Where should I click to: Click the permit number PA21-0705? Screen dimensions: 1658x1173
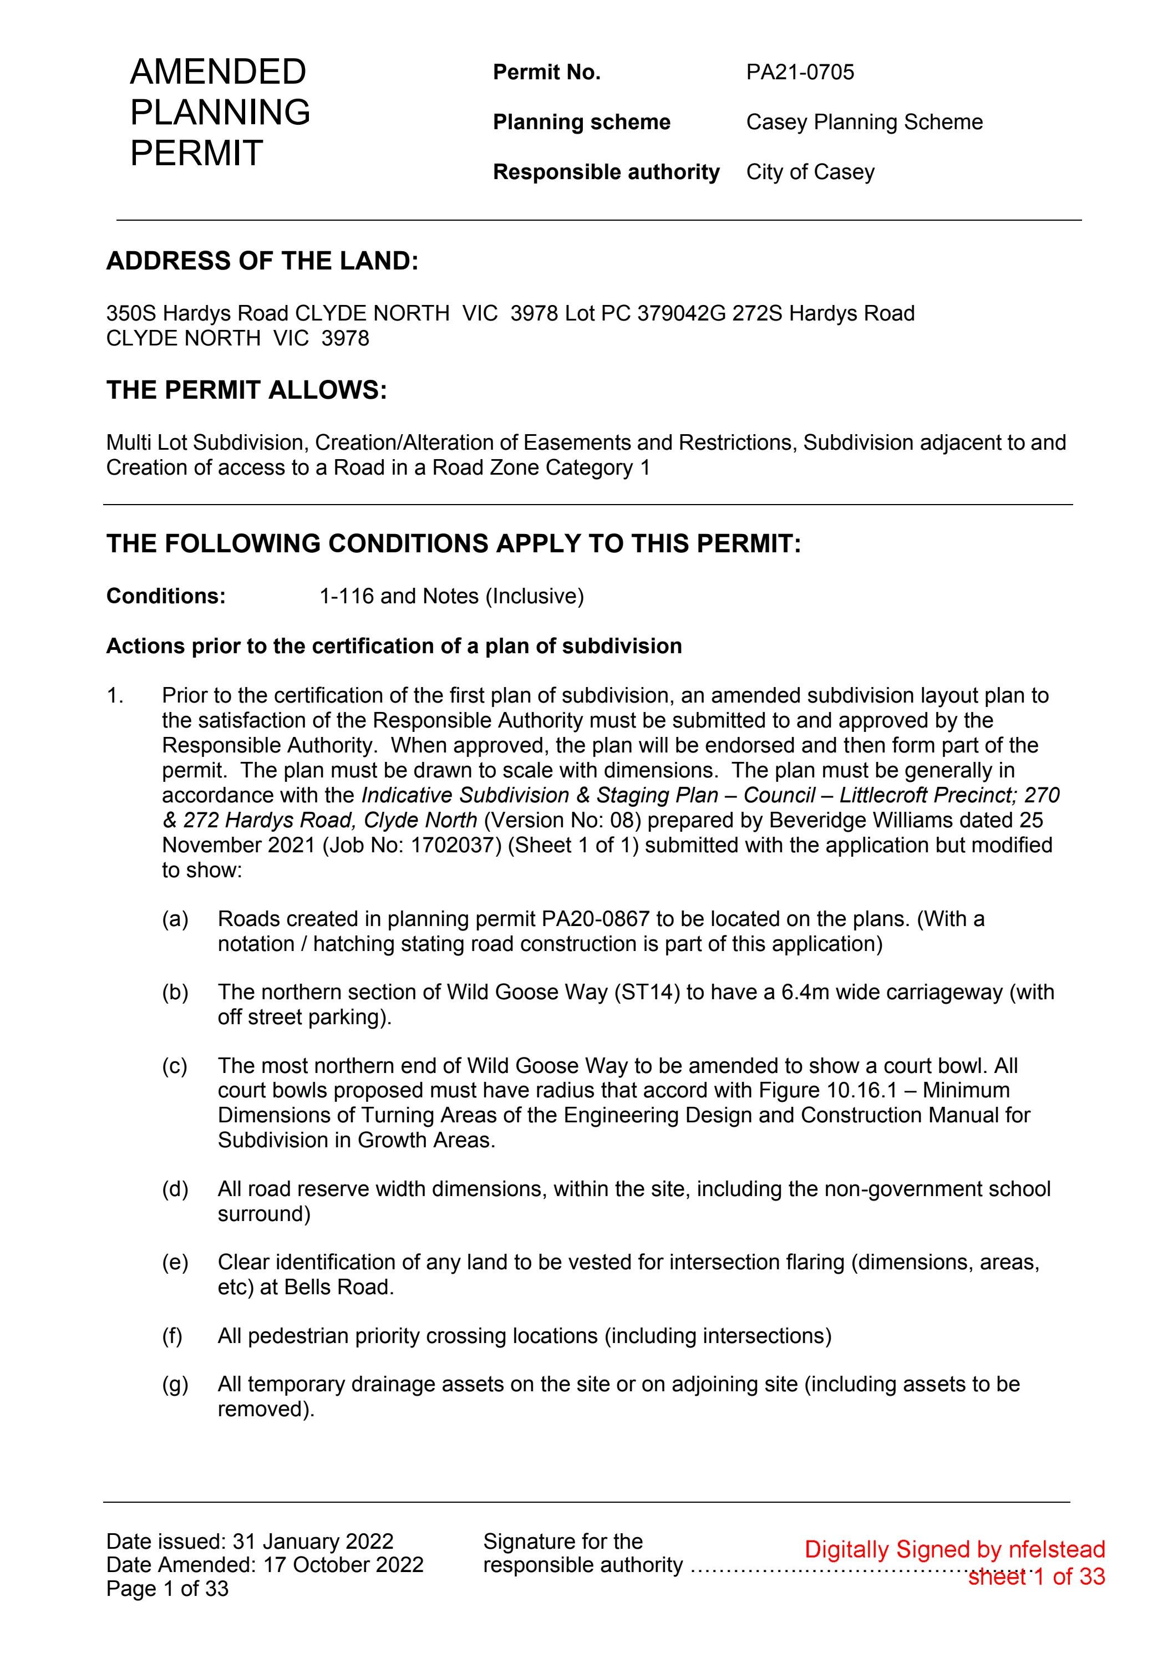(x=800, y=72)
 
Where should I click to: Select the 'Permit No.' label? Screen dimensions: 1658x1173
(x=546, y=72)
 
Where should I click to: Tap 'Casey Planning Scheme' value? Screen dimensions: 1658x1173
(x=864, y=122)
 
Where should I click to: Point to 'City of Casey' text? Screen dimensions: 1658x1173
(x=810, y=172)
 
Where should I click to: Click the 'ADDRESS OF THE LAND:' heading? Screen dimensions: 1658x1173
(x=262, y=261)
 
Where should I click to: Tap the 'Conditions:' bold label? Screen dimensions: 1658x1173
(x=166, y=597)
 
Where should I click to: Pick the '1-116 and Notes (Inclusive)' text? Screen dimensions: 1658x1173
(x=451, y=597)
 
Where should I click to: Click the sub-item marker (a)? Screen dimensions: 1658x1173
(x=175, y=919)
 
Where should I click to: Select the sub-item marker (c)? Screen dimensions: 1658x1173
(x=175, y=1066)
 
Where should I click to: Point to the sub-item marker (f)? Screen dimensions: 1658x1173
(x=172, y=1336)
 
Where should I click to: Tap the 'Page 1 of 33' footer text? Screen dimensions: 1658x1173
(x=167, y=1589)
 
